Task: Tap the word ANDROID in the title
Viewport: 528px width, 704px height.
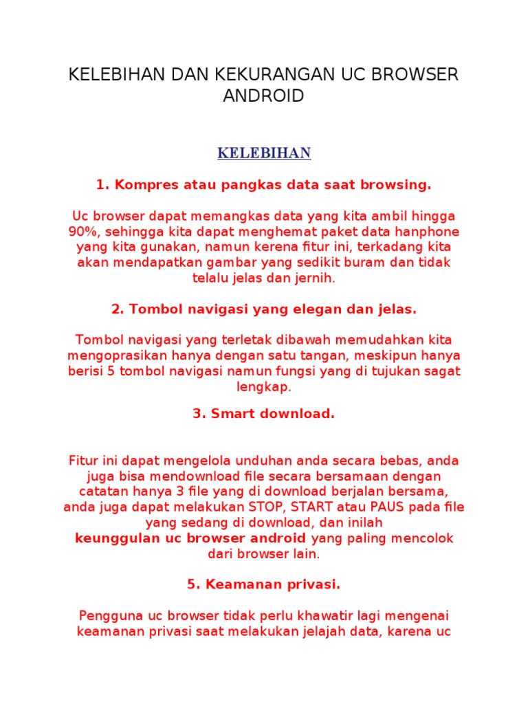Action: click(263, 96)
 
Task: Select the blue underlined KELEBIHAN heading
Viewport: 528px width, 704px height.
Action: click(264, 153)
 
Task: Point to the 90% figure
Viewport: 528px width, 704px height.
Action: click(82, 231)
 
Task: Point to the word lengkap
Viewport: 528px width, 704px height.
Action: click(264, 388)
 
